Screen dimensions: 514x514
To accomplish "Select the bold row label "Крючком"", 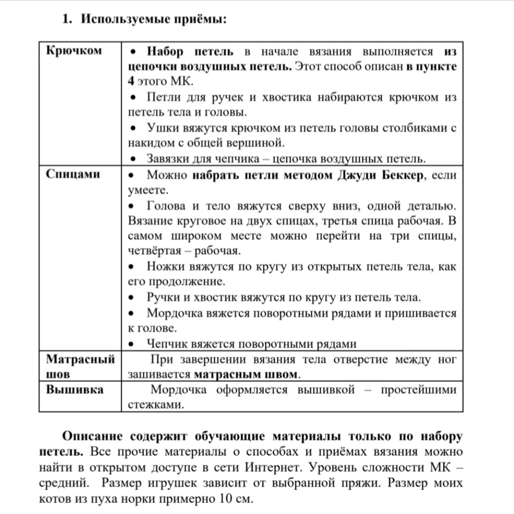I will tap(74, 51).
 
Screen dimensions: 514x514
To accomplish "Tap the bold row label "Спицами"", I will tap(73, 174).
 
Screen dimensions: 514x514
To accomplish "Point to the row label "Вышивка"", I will tap(75, 390).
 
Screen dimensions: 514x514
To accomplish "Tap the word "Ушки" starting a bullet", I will tap(162, 128).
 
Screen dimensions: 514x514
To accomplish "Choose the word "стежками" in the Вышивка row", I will tap(156, 405).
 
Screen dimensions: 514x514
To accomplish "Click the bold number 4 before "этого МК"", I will tap(131, 81).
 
